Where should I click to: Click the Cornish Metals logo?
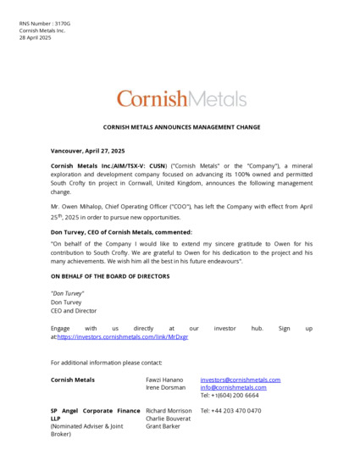point(181,98)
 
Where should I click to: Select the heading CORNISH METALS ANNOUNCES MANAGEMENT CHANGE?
point(181,127)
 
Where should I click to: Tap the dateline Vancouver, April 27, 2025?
point(87,150)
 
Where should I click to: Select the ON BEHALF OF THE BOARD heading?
point(110,276)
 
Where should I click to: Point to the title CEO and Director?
point(74,311)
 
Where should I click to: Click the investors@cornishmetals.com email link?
point(240,380)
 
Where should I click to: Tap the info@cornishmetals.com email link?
point(233,387)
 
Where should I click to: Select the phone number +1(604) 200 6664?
point(235,396)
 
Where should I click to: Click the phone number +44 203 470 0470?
point(230,411)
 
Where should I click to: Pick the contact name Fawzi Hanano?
point(164,380)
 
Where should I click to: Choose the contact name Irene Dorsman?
point(165,387)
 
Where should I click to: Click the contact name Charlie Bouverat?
point(169,419)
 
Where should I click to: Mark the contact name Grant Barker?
point(163,426)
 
